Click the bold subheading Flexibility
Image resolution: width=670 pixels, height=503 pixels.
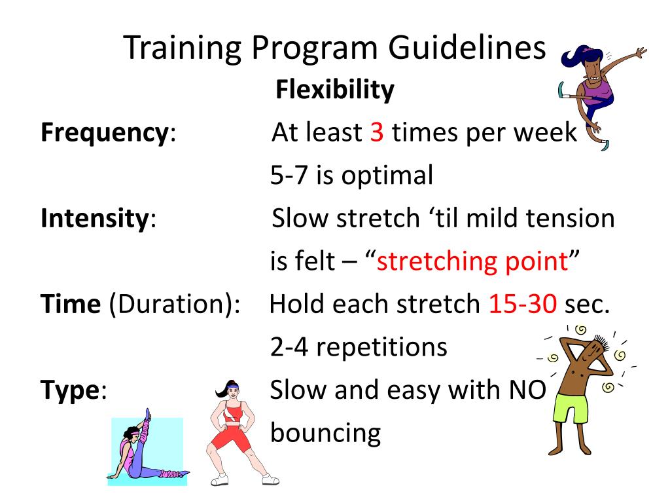pyautogui.click(x=335, y=90)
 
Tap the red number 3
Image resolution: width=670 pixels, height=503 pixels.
pyautogui.click(x=376, y=133)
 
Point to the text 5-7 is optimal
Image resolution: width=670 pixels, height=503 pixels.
pyautogui.click(x=351, y=176)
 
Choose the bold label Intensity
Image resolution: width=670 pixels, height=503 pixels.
pyautogui.click(x=94, y=218)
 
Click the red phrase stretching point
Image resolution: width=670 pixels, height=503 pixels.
pyautogui.click(x=472, y=261)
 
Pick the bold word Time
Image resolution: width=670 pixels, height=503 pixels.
pyautogui.click(x=70, y=304)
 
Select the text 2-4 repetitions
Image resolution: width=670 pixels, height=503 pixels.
pyautogui.click(x=359, y=347)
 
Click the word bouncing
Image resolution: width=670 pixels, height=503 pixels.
pyautogui.click(x=325, y=433)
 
